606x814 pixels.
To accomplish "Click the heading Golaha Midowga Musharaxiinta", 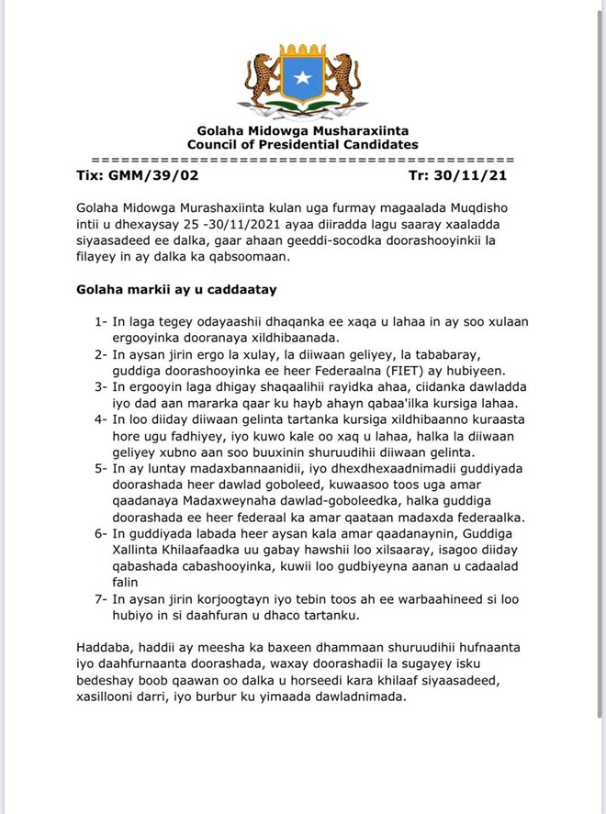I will (x=302, y=132).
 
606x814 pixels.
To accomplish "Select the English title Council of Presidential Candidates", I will (x=302, y=145).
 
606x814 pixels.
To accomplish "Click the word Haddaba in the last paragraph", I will (x=107, y=648).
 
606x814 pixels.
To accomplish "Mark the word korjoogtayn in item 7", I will (x=213, y=598).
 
